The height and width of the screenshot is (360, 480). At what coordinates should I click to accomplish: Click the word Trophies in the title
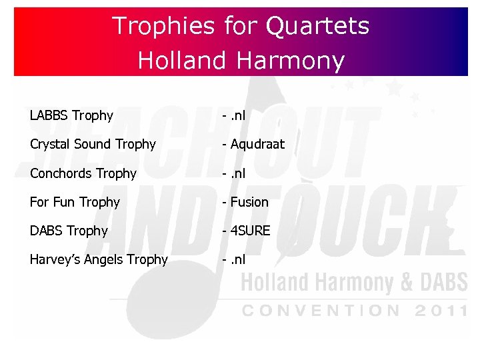point(163,26)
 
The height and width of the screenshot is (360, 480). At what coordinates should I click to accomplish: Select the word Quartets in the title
point(317,26)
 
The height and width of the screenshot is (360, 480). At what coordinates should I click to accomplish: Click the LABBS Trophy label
point(71,116)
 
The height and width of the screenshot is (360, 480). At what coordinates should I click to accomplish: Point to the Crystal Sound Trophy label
point(93,145)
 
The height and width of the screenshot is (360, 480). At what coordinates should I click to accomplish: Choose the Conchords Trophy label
point(83,174)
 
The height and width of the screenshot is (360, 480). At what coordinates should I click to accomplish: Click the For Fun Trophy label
point(75,202)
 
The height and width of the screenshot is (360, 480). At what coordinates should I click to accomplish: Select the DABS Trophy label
point(69,231)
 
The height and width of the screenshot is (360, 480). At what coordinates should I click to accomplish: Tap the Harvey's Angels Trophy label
point(99,259)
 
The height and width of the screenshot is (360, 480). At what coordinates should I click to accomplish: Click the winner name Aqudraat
point(257,145)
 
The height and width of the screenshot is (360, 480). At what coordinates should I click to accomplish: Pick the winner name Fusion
point(249,202)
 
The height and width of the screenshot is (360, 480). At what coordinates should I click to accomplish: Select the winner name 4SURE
point(251,231)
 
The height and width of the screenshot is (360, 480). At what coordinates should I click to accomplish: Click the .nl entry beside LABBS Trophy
point(237,116)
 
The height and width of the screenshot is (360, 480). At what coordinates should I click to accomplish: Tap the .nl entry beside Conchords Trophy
point(237,174)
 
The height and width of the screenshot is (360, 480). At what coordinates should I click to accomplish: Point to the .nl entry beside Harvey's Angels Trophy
point(237,259)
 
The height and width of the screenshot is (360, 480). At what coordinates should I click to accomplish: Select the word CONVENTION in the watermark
point(321,311)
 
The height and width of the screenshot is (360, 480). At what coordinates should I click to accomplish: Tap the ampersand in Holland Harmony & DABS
point(406,283)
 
